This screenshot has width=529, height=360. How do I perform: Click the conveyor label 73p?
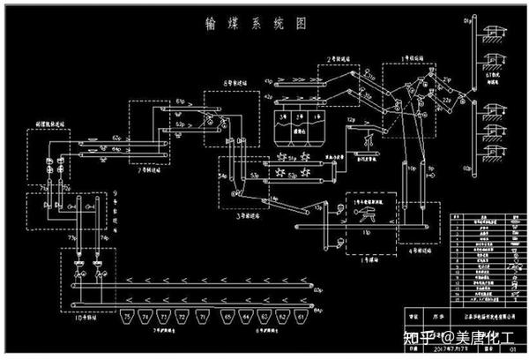coord(71,237)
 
